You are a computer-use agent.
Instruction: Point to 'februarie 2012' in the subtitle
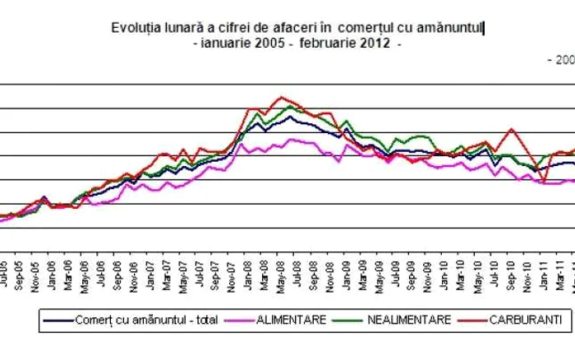351,44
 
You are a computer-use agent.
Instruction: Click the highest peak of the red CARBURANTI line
282,97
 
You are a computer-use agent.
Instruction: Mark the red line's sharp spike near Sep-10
511,128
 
